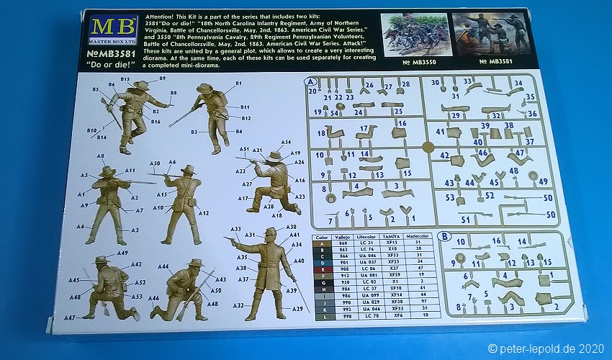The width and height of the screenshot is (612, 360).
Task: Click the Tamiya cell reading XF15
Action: click(x=392, y=243)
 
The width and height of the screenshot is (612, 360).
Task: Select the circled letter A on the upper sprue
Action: click(x=310, y=81)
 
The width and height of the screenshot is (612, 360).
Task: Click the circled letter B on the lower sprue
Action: click(x=445, y=235)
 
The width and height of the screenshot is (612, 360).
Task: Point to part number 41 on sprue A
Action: click(x=440, y=132)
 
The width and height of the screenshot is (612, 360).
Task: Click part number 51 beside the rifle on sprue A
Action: click(x=466, y=219)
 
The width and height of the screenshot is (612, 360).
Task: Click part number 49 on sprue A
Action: click(x=543, y=181)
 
